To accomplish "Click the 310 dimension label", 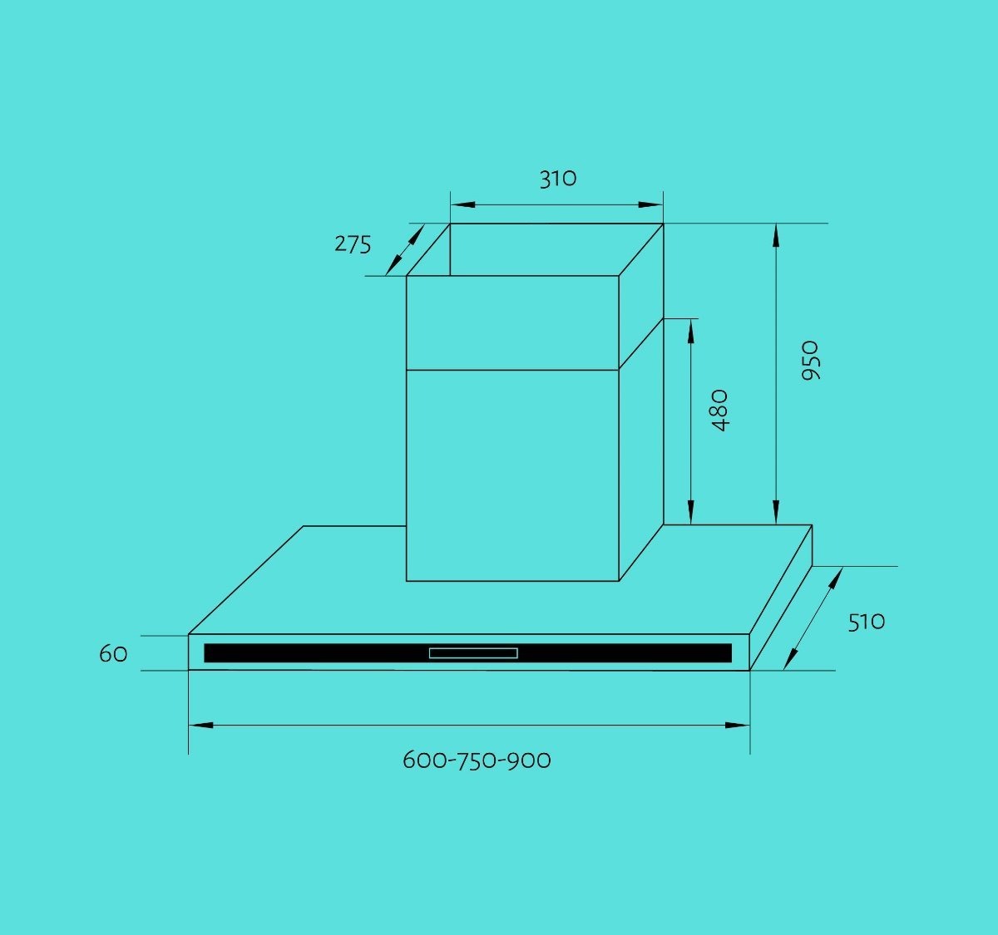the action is (558, 179).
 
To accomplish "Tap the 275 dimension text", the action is (353, 244).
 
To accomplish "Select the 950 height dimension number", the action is (810, 361).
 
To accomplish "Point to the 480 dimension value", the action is (719, 410).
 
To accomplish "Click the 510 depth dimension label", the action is (867, 623).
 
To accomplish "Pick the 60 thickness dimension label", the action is (113, 654).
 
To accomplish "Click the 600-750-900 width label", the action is (477, 760).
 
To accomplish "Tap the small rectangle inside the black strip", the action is (473, 653).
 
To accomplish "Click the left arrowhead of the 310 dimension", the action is (462, 205).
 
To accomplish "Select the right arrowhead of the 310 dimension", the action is (650, 205).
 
